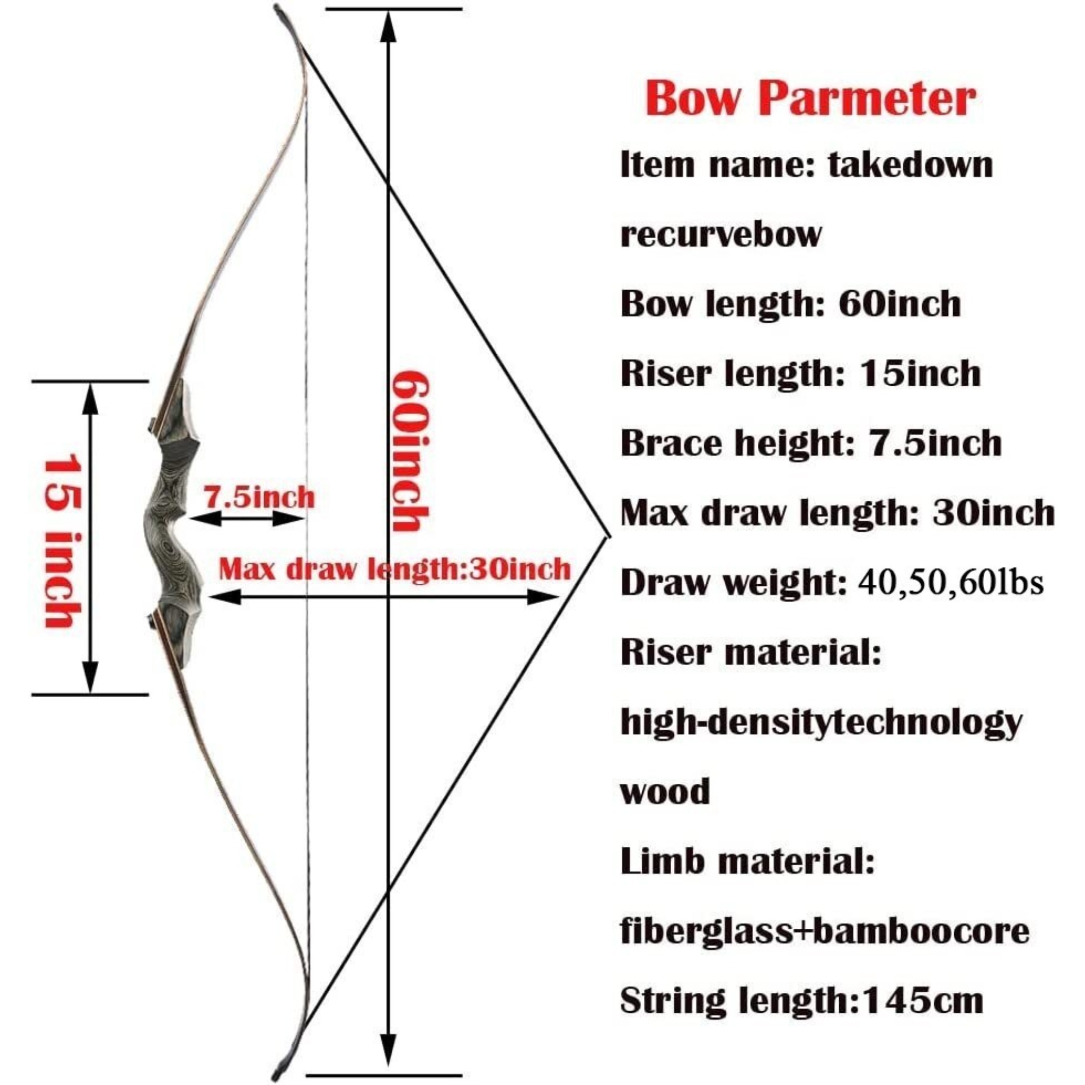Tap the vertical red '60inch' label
pos(411,451)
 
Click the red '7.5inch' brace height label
pos(259,497)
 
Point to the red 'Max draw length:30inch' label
pos(394,569)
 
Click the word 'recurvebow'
pos(720,234)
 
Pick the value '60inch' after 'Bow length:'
pos(899,304)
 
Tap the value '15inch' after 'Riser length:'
pos(920,373)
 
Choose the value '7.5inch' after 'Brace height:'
pos(935,443)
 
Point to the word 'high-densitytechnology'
pos(820,723)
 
